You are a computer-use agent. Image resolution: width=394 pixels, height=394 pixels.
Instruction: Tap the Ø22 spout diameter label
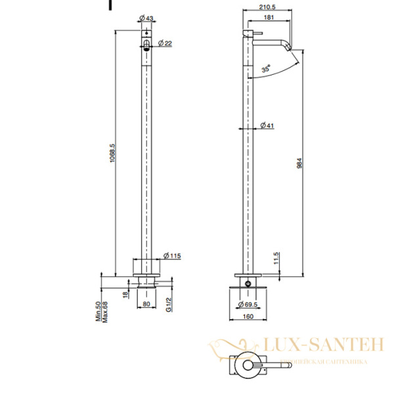pos(167,43)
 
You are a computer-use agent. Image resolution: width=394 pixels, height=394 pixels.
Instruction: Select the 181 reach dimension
pos(269,18)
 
